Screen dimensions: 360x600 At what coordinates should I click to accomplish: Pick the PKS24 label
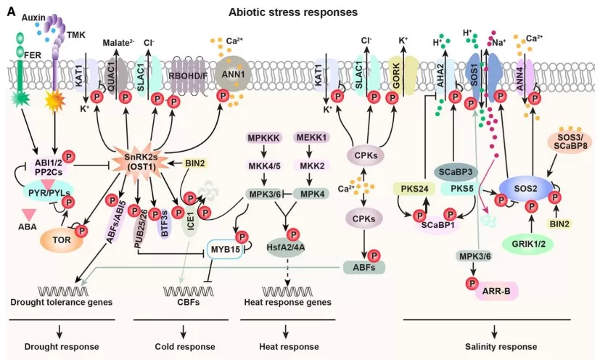point(410,189)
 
